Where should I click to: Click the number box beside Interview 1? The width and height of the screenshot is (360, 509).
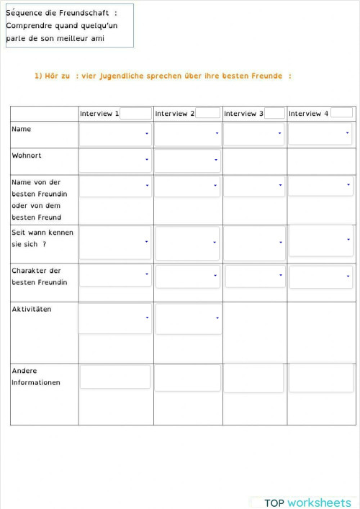coord(136,113)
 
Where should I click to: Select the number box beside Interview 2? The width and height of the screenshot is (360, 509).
coord(208,113)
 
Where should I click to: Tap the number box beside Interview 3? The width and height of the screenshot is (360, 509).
coord(274,113)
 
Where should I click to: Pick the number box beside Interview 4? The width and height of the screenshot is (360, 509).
coord(341,113)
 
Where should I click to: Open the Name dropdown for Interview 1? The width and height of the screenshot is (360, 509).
coord(115,134)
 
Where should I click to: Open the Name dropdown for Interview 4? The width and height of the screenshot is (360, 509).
coord(320,134)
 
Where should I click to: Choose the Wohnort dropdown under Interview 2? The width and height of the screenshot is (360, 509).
coord(187,161)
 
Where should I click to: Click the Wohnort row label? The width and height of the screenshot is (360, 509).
coord(26,155)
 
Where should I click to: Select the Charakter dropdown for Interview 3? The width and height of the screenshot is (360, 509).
coord(255,276)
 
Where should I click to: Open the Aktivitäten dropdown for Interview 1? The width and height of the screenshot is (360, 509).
coord(115,318)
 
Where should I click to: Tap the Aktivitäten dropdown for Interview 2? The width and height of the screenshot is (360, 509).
coord(187,318)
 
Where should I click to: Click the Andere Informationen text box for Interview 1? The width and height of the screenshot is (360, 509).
coord(115,377)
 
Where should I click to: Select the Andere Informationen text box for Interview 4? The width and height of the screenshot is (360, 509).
coord(320,377)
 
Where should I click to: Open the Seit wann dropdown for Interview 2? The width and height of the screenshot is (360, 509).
coord(187,243)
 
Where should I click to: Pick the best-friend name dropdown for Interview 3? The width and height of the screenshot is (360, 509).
coord(254,186)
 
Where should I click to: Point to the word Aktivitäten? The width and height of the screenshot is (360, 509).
coord(32,309)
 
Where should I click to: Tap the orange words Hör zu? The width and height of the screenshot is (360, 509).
coord(52,76)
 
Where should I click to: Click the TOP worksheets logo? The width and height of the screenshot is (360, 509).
coord(307,503)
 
